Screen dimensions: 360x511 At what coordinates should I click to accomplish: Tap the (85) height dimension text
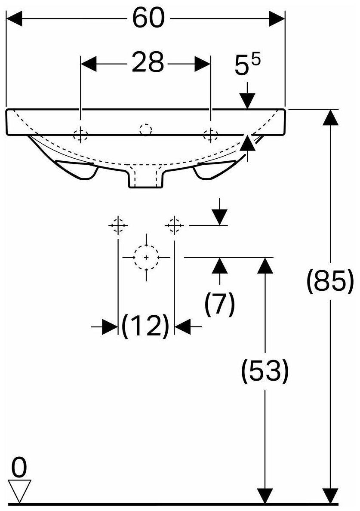click(x=330, y=282)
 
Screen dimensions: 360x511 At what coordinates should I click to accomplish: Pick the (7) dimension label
click(x=220, y=304)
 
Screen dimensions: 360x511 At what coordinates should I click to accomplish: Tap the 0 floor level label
click(x=18, y=468)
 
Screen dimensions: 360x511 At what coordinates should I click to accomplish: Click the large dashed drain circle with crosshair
click(x=147, y=257)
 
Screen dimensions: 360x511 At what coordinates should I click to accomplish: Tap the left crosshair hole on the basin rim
click(x=80, y=135)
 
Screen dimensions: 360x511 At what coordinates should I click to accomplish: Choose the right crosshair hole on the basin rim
click(x=210, y=135)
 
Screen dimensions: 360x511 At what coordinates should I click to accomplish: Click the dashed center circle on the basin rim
click(x=146, y=129)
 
